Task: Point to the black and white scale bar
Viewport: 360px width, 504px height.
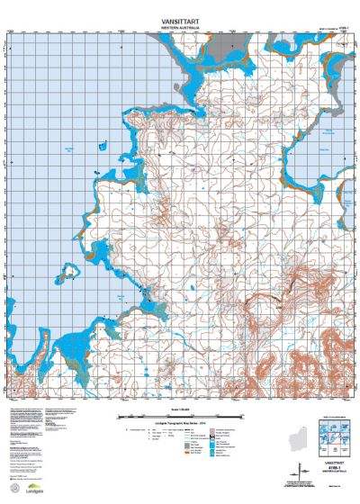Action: [x=179, y=417]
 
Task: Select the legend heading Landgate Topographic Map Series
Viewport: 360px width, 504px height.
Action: [x=179, y=421]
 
